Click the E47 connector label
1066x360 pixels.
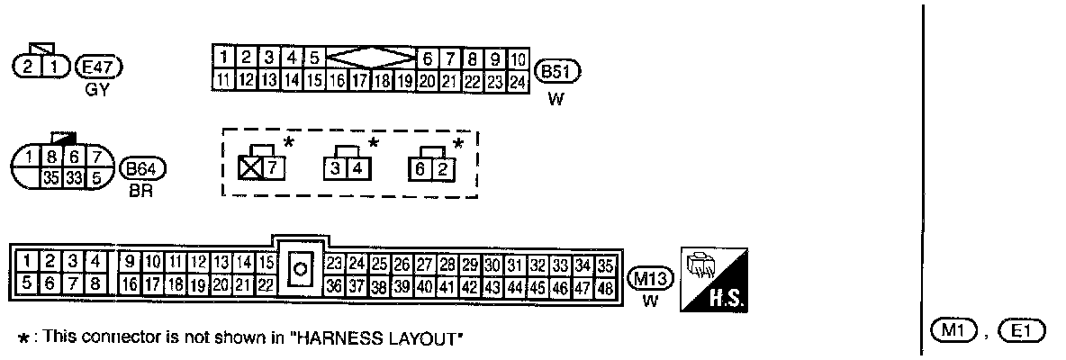tap(100, 66)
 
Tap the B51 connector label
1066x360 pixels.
tap(557, 72)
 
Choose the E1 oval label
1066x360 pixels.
tap(1020, 330)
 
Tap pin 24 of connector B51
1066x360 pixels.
tap(517, 80)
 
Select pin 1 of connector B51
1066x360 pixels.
tap(222, 58)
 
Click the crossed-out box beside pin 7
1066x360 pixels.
tap(248, 167)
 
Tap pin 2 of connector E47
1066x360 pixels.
tap(29, 66)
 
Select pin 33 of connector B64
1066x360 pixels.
tap(75, 177)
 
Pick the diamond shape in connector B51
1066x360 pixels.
tap(371, 58)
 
